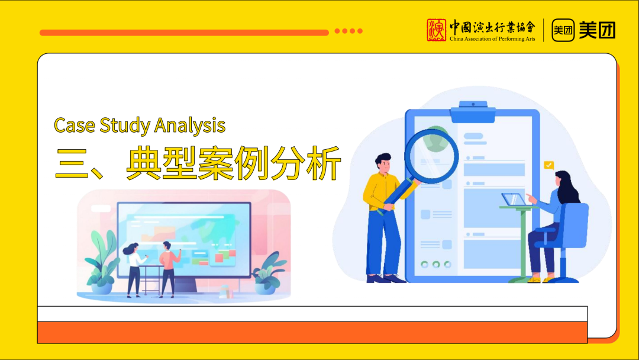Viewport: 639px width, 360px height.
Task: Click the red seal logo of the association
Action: point(437,30)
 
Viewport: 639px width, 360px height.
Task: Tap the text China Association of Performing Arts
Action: point(492,38)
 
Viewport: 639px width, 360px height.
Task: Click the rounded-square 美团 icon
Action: point(563,30)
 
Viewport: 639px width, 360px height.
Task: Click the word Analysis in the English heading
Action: point(190,126)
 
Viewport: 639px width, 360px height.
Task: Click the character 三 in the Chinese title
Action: point(72,163)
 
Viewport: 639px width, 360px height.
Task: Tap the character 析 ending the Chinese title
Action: point(324,163)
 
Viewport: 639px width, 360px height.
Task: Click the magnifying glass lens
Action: point(432,156)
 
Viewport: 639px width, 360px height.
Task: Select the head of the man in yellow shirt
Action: point(383,163)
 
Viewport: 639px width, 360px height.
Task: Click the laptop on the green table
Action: point(513,200)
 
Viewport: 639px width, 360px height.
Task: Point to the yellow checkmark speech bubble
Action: point(549,165)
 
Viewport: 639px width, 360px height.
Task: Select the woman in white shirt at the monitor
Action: point(134,269)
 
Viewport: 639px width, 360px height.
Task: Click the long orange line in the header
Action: point(184,33)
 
